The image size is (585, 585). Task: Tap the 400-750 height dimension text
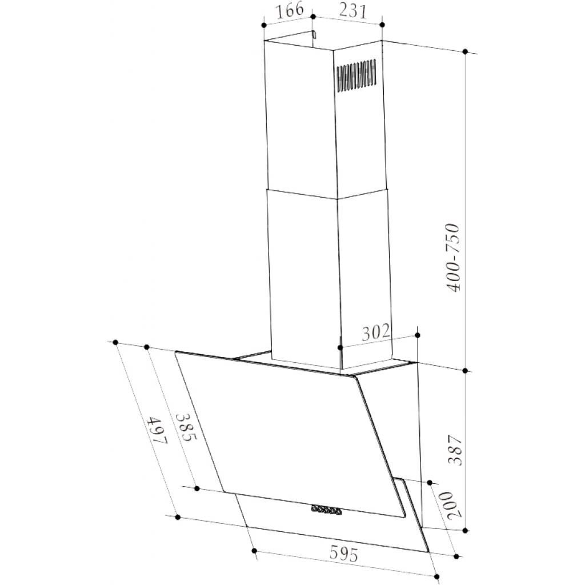click(x=455, y=258)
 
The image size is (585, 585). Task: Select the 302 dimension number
click(x=375, y=331)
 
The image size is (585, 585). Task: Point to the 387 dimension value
click(x=455, y=451)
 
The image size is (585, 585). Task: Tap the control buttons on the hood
click(x=327, y=511)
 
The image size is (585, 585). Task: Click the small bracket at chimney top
click(x=313, y=36)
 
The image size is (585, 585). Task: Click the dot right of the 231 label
click(x=382, y=25)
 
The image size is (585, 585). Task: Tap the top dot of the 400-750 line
click(x=466, y=52)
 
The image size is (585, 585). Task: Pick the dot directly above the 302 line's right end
click(x=418, y=335)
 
